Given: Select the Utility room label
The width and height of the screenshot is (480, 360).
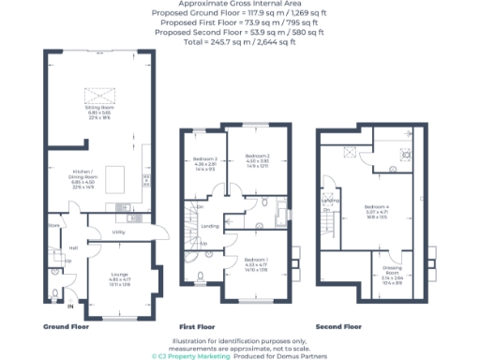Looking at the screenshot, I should point(119,231).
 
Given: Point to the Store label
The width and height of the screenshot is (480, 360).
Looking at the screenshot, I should point(54,226).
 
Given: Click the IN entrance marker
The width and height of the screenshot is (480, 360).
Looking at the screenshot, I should point(69,306).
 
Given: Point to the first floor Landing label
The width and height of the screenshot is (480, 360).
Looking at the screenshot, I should point(211,226).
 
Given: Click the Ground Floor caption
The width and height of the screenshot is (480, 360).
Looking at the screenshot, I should point(67,326).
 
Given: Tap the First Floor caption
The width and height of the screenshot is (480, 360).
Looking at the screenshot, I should point(199,326).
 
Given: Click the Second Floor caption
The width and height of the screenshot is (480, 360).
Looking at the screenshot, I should point(338,326).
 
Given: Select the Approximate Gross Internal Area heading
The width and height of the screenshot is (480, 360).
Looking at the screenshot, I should point(239,4).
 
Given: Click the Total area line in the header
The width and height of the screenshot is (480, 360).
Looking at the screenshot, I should point(239,43).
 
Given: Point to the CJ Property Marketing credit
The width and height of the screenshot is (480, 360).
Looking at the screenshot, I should point(184,356).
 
